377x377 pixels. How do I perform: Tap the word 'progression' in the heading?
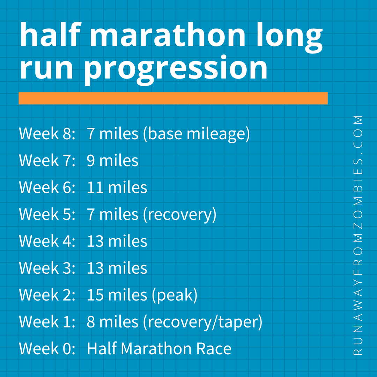tap(176, 68)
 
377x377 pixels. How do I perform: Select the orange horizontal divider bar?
tap(173, 98)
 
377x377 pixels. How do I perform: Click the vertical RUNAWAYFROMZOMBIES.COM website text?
tap(358, 235)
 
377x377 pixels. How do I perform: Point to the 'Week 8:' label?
tap(47, 134)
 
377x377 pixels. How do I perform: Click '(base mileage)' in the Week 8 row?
tap(196, 134)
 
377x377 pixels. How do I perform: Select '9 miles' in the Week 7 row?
tap(112, 161)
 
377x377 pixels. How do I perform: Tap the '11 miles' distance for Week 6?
tap(117, 187)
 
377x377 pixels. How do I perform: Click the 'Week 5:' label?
tap(47, 214)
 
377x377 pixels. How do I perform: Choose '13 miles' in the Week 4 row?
tap(117, 241)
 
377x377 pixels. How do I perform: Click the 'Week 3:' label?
tap(47, 268)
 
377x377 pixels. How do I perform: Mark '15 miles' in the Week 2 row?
tap(117, 295)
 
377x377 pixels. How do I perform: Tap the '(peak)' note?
tap(175, 295)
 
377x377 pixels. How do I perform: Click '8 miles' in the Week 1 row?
tap(112, 322)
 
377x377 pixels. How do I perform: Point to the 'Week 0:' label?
tap(47, 349)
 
